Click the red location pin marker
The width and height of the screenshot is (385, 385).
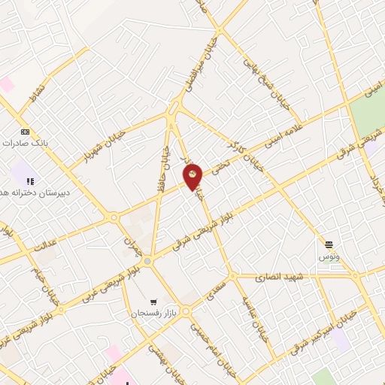point(193,176)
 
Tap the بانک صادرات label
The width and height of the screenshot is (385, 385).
point(25,142)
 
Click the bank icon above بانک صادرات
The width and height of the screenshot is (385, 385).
point(26,130)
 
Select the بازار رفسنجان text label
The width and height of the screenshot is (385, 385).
point(153,311)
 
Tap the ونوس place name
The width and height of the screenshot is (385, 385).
point(329,256)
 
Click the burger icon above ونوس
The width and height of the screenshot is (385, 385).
point(329,244)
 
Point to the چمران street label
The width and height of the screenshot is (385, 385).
point(128,242)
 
